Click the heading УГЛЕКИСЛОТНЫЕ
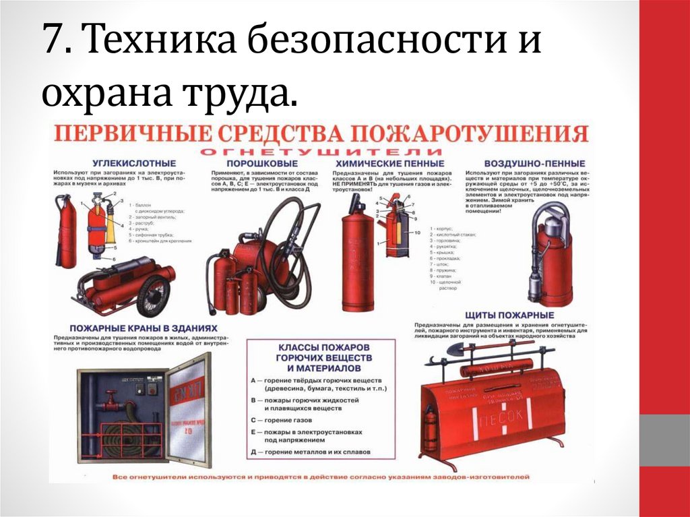[116, 163]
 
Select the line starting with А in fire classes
[319, 385]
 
